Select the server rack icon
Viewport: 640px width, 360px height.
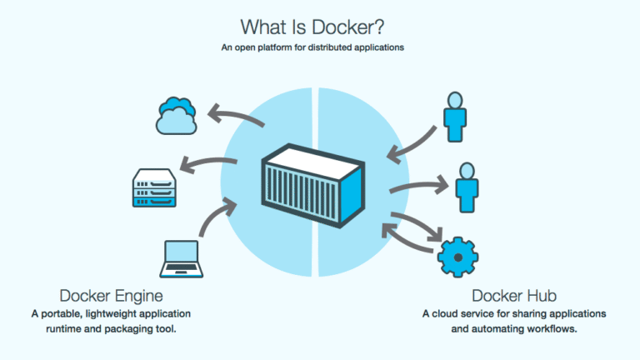(154, 187)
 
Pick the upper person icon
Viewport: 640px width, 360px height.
(456, 117)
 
